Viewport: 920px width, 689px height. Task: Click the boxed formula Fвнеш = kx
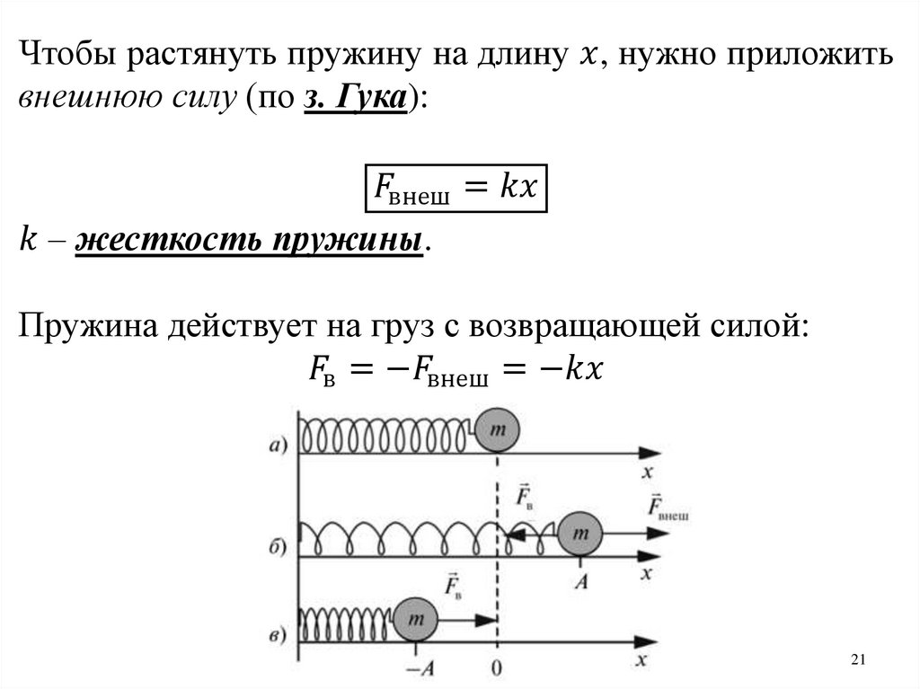(456, 189)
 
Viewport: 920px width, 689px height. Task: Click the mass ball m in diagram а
(497, 431)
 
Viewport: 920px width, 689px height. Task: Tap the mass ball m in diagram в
(414, 620)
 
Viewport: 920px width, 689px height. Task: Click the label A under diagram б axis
(581, 582)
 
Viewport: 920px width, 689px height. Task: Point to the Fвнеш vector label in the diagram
(667, 508)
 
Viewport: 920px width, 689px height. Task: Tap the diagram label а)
(278, 442)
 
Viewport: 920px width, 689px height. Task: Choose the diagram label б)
(278, 544)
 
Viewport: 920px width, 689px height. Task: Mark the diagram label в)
(278, 633)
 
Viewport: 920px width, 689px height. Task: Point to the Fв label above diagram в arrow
(454, 585)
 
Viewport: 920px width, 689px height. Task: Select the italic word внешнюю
(79, 100)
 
